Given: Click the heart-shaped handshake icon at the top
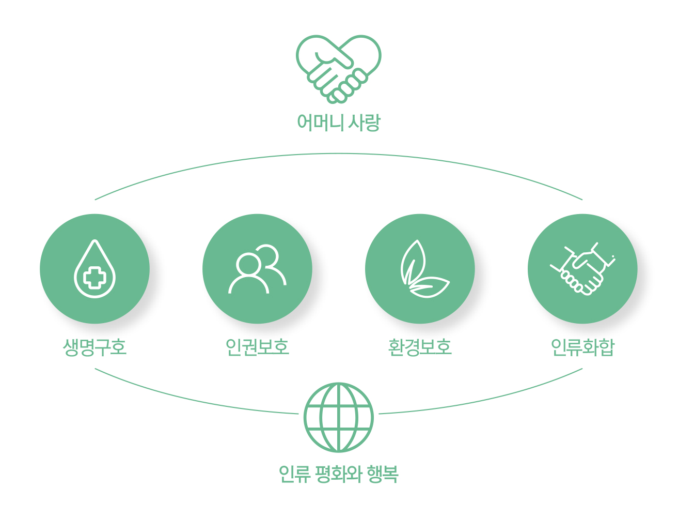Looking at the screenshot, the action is click(338, 69).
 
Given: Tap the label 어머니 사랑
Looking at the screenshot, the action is click(338, 122).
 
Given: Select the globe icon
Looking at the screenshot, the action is click(338, 417).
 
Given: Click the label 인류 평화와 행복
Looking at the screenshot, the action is click(338, 474).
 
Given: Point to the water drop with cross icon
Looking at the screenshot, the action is click(94, 268).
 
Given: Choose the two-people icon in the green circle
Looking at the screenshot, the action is click(257, 269).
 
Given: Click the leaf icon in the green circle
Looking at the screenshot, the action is click(424, 268).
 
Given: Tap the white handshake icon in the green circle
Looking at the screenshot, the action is click(582, 268).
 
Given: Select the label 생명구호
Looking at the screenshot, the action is click(94, 347).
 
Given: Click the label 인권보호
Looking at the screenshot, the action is click(257, 347).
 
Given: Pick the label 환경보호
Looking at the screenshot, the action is click(420, 347).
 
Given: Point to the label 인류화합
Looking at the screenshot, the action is click(582, 347).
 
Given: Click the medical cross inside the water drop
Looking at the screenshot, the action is click(94, 278).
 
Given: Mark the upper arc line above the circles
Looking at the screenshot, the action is click(338, 154).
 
